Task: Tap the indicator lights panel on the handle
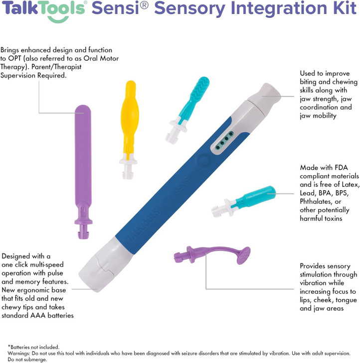(224, 140)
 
